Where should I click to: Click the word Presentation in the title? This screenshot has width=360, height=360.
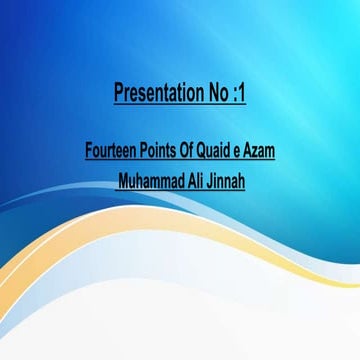tap(155, 96)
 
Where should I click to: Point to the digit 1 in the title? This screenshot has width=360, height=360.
tap(243, 96)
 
